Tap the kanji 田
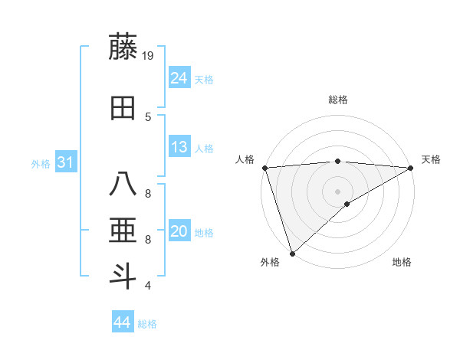click(x=123, y=108)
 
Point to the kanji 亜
click(x=123, y=231)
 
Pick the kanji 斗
click(x=123, y=276)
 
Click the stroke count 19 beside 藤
click(x=149, y=56)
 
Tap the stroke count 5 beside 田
click(x=148, y=116)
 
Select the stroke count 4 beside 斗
click(x=148, y=286)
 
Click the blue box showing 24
click(x=179, y=78)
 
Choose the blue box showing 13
click(x=179, y=148)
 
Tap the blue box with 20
click(x=179, y=232)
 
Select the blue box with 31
click(x=65, y=163)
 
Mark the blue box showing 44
click(x=123, y=322)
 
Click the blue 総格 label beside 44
click(x=147, y=324)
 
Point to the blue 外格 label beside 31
click(x=41, y=164)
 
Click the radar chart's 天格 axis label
click(x=431, y=159)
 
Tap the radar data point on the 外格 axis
click(x=291, y=254)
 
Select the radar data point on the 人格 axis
click(x=264, y=168)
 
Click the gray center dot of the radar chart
click(x=337, y=191)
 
